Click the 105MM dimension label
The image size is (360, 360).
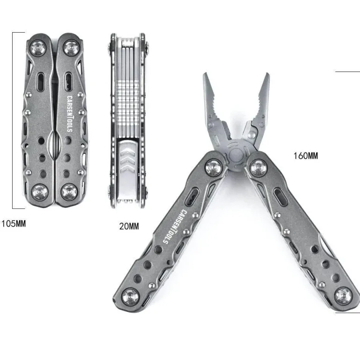coord(14,223)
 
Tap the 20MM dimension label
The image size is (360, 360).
coord(129,226)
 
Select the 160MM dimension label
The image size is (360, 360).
coord(306,156)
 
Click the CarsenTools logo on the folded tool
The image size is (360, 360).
coord(70,114)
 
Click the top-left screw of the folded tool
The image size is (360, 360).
coord(38,48)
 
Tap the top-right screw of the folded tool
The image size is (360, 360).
coord(72,48)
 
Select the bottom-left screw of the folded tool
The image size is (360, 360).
coord(39,192)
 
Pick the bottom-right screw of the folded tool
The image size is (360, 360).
coord(69,192)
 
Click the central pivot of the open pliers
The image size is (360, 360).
coord(236,155)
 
